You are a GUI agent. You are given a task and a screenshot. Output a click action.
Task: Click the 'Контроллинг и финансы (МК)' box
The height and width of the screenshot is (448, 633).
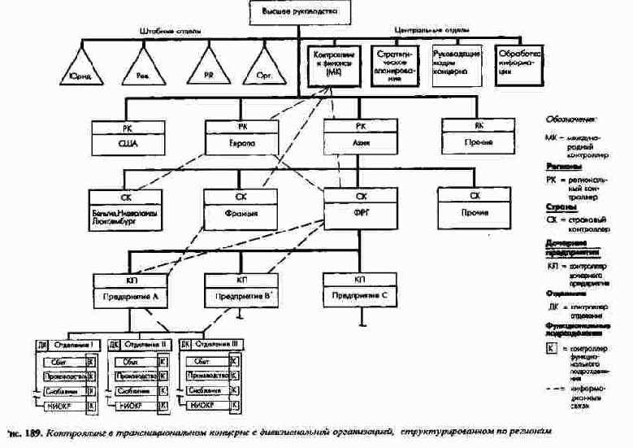coord(334,63)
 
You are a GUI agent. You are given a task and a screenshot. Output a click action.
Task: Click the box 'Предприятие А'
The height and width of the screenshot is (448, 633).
coord(126,288)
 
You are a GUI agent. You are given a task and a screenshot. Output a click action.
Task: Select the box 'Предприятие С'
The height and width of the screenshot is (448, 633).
coord(359,288)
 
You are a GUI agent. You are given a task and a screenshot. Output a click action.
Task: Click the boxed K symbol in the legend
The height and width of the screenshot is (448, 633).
coord(553,350)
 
